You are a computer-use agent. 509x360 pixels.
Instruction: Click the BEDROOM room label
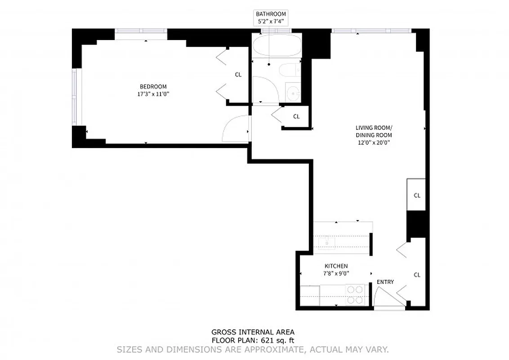click(x=153, y=86)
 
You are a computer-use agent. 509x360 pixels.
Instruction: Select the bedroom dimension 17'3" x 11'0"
click(x=153, y=94)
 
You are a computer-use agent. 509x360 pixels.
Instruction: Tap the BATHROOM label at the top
click(x=271, y=14)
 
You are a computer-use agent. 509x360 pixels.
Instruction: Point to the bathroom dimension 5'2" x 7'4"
click(x=271, y=21)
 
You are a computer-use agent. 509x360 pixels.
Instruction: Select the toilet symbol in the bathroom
click(x=289, y=70)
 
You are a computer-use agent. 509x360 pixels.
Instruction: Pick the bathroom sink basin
click(x=293, y=93)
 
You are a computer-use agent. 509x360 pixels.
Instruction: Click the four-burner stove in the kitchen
click(x=355, y=295)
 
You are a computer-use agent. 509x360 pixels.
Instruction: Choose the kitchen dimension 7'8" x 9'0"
click(x=336, y=273)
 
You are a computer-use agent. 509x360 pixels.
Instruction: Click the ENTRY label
click(x=385, y=282)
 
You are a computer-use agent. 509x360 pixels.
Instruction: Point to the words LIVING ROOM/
click(x=374, y=127)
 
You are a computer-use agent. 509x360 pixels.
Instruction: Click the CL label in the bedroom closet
click(x=238, y=75)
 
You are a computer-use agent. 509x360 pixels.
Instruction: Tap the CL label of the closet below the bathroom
click(x=296, y=117)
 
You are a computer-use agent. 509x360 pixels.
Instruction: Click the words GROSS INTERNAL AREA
click(x=253, y=333)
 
